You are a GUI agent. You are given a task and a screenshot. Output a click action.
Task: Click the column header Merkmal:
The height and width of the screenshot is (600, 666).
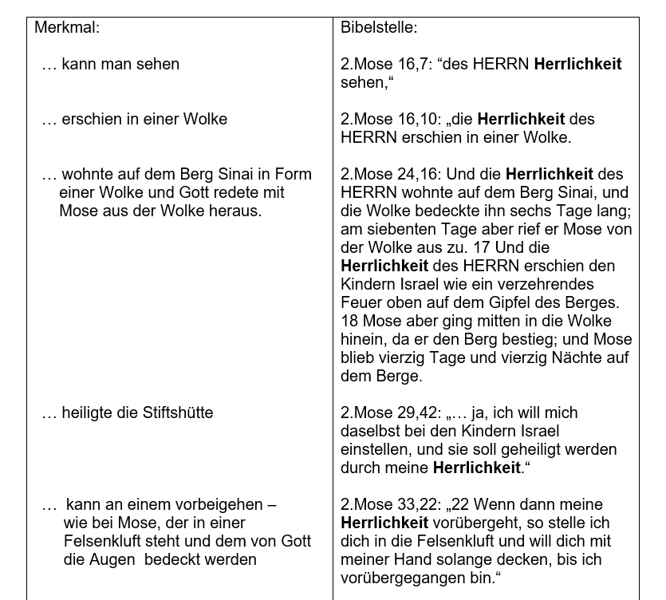tap(67, 27)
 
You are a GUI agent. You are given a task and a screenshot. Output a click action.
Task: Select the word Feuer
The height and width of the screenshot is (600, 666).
tap(361, 302)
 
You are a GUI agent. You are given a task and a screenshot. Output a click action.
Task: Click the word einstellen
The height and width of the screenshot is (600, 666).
tap(375, 449)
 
